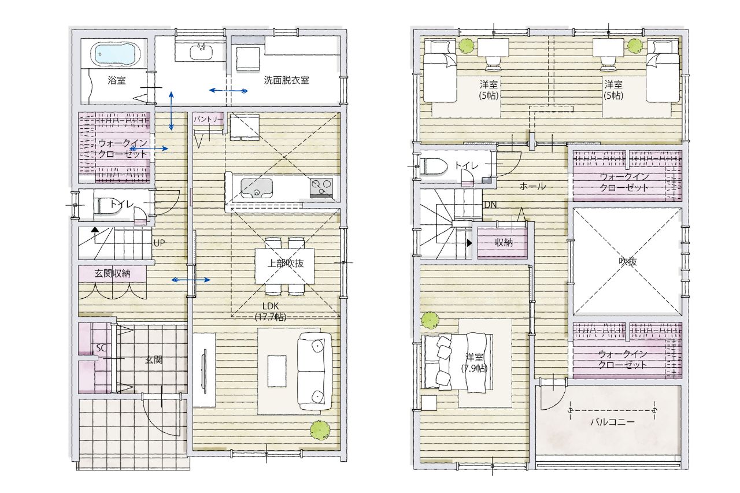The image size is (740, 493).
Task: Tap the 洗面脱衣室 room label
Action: coord(286,80)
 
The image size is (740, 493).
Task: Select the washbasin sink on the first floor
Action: coord(201,52)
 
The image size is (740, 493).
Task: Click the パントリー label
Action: coord(208,119)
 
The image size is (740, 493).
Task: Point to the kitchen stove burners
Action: coord(321,188)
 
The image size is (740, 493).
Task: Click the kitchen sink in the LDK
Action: coord(257,188)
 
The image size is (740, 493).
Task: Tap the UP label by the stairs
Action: coord(159,243)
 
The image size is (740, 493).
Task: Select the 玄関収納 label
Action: coord(112,273)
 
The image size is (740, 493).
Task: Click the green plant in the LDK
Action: coord(320,429)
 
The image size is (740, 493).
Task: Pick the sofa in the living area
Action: coord(314,372)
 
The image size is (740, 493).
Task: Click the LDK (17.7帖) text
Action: coord(270,312)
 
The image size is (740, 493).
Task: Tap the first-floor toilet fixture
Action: coord(105,205)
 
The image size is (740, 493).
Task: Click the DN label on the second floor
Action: coord(490,205)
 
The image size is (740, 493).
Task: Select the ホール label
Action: coord(532,187)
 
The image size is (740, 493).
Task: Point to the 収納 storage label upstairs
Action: coord(504,243)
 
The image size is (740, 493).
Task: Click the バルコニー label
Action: coord(612,422)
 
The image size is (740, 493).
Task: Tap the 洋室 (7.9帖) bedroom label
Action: coord(474,362)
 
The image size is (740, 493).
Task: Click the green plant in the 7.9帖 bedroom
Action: coord(430,320)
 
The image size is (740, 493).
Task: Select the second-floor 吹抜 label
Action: coord(627,261)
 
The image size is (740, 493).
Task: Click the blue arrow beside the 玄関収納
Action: coord(191,280)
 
